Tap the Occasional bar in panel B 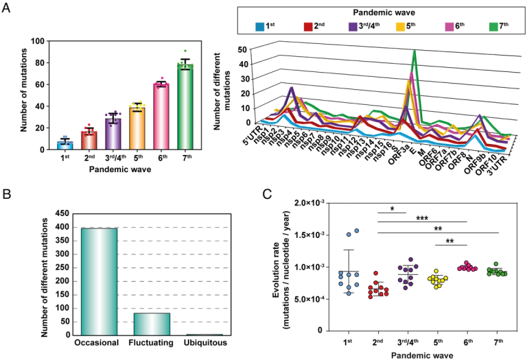tap(97, 281)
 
